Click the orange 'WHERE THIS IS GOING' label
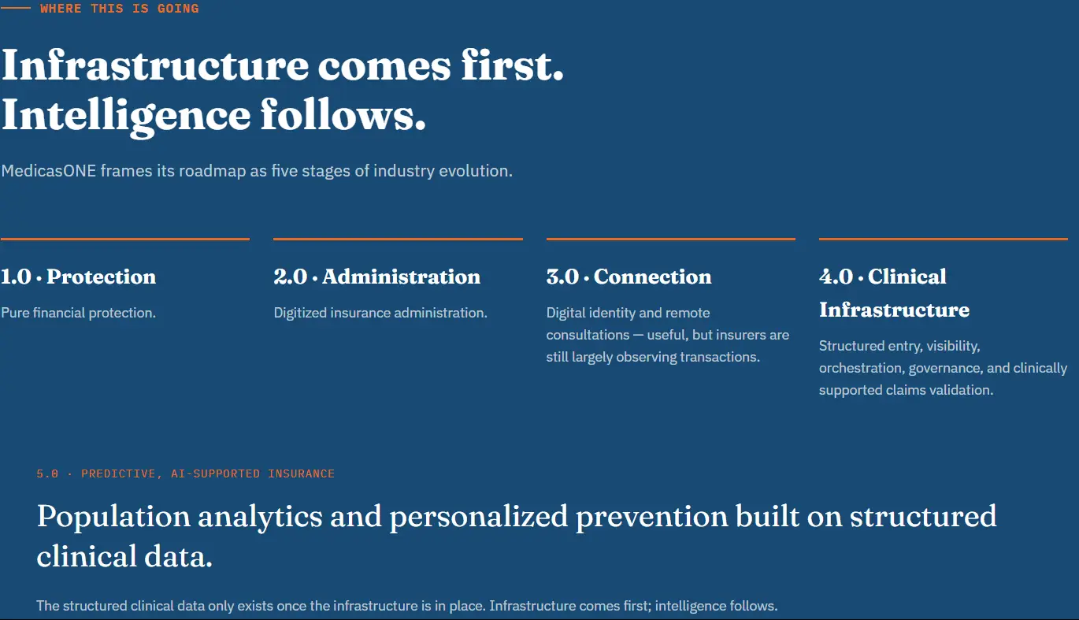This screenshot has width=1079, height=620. click(x=120, y=8)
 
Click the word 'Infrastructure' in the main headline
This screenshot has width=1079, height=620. click(x=155, y=65)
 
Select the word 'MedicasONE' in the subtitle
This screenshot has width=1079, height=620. click(x=49, y=170)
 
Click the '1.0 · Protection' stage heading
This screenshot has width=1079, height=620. click(x=79, y=277)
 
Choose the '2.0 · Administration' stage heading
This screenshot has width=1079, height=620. click(x=377, y=277)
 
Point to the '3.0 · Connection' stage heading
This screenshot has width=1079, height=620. click(x=628, y=277)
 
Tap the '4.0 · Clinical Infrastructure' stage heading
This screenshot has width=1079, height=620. click(x=895, y=293)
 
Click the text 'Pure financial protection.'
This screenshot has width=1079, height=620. click(x=79, y=313)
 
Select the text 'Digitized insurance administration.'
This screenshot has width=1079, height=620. click(x=380, y=313)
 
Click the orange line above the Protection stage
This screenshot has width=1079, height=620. click(x=125, y=239)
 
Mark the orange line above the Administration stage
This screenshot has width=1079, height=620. click(x=398, y=239)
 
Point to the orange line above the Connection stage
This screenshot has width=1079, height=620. click(x=670, y=239)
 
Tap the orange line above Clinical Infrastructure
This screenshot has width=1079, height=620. click(x=944, y=239)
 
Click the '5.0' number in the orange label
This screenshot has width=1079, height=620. click(x=47, y=473)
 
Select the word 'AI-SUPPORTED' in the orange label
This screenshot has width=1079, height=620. click(x=215, y=473)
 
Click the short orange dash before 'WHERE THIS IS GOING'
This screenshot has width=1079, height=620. click(x=16, y=8)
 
